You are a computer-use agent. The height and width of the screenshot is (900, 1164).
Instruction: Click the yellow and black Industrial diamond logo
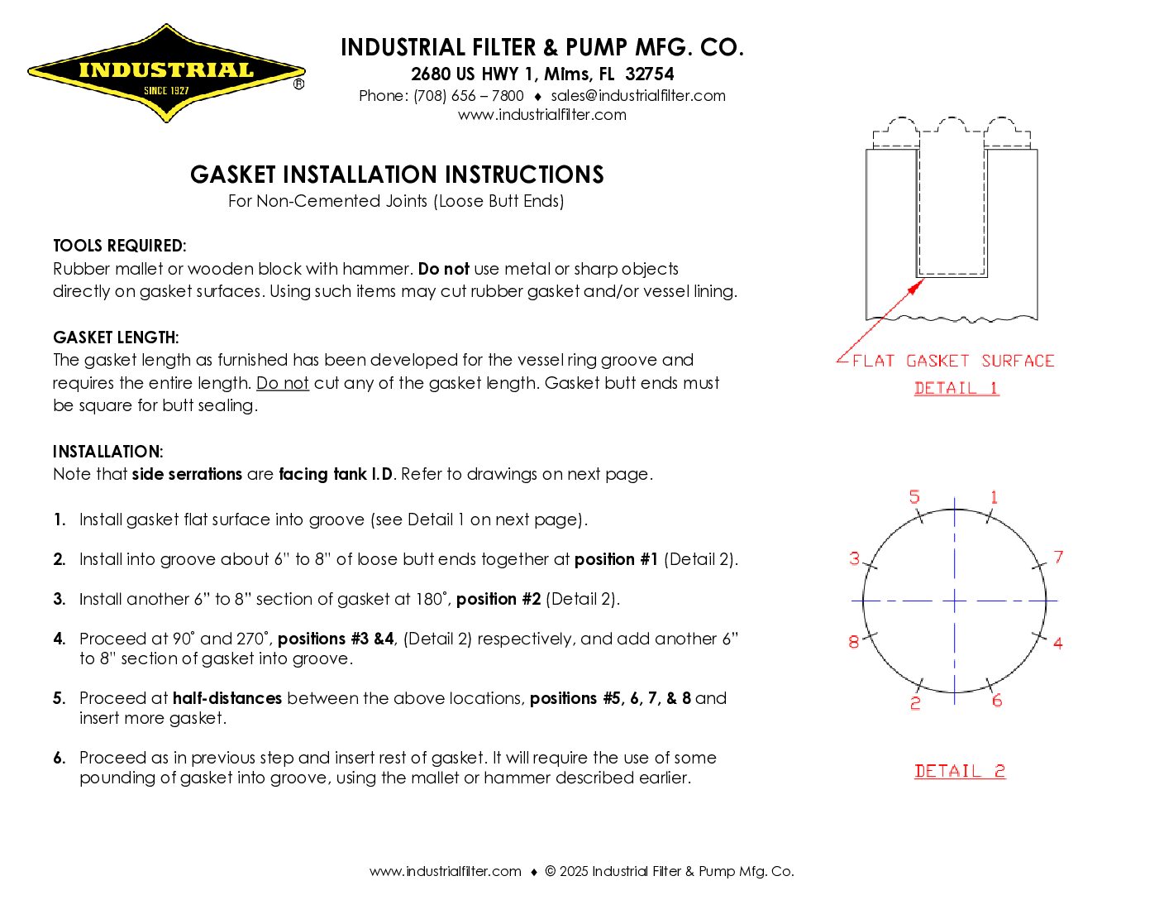(x=166, y=74)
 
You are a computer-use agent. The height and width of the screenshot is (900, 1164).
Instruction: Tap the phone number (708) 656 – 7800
(x=469, y=96)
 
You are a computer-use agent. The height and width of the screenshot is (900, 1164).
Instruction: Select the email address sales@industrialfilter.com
(x=638, y=96)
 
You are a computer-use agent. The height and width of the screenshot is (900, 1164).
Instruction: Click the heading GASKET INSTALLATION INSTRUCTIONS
(x=397, y=175)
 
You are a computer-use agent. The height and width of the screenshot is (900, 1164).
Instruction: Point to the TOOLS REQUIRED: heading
(x=120, y=246)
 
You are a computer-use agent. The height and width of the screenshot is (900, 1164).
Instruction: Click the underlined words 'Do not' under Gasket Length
(x=283, y=383)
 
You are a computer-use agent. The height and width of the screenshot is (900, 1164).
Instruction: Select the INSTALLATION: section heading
(x=108, y=452)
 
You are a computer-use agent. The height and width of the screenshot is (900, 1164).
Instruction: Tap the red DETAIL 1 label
(x=956, y=388)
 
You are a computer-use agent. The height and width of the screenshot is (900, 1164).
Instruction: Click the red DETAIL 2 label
(x=960, y=771)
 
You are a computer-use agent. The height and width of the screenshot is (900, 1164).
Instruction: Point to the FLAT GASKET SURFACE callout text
(x=953, y=361)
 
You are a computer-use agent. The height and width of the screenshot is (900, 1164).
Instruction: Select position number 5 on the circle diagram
(x=914, y=497)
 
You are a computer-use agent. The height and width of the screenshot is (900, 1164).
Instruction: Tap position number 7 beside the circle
(x=1058, y=558)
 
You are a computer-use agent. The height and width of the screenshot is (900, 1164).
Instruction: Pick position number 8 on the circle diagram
(x=854, y=642)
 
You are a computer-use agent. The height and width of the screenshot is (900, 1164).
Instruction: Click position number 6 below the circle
(x=997, y=701)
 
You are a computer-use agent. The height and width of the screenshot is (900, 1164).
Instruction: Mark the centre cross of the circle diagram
(x=955, y=601)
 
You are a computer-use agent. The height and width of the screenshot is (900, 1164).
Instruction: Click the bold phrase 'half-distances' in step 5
(x=227, y=698)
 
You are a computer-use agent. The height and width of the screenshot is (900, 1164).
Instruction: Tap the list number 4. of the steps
(x=59, y=639)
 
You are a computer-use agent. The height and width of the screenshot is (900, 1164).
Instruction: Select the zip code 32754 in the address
(x=650, y=74)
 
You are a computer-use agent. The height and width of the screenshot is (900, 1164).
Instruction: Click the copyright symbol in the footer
(x=551, y=871)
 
